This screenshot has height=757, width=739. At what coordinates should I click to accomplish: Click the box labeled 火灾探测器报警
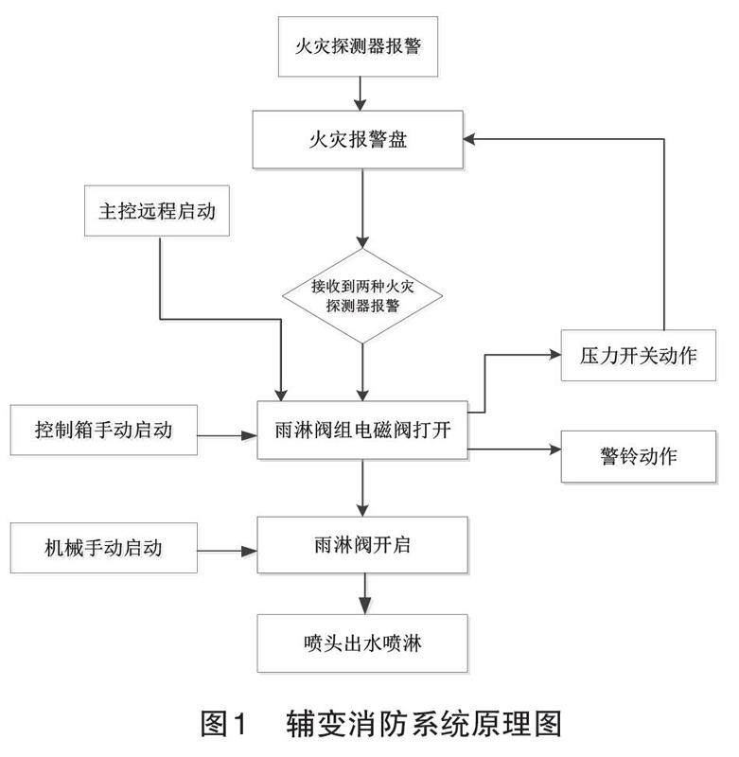358,46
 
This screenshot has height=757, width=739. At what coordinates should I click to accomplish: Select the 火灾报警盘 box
358,139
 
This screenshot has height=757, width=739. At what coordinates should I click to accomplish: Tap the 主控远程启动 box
157,211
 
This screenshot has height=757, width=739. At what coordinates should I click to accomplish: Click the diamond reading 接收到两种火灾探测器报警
362,296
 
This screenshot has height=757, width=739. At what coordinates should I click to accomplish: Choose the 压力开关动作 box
638,356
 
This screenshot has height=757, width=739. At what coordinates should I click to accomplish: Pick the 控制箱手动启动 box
104,430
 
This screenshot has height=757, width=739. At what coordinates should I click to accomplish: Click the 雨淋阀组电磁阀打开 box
362,430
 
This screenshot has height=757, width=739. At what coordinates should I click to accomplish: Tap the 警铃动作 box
638,456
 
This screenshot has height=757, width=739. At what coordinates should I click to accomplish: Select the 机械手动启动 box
104,548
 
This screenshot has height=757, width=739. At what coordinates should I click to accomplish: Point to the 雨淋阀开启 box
362,545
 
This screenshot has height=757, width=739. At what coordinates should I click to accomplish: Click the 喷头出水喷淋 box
362,643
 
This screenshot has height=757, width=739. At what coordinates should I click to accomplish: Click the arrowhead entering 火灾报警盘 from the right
469,139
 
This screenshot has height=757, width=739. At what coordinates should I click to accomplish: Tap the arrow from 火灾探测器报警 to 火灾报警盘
361,94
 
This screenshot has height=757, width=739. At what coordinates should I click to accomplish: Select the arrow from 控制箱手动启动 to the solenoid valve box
227,435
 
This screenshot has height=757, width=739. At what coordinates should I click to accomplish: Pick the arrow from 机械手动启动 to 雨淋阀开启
227,551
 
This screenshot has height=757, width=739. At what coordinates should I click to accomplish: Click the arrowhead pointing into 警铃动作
555,449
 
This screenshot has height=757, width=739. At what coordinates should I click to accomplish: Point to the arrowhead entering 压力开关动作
555,355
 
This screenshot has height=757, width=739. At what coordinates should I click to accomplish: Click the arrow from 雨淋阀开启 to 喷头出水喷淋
365,593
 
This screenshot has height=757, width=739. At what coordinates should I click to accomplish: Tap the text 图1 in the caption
223,724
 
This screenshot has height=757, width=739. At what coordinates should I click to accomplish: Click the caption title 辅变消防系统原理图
424,724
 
